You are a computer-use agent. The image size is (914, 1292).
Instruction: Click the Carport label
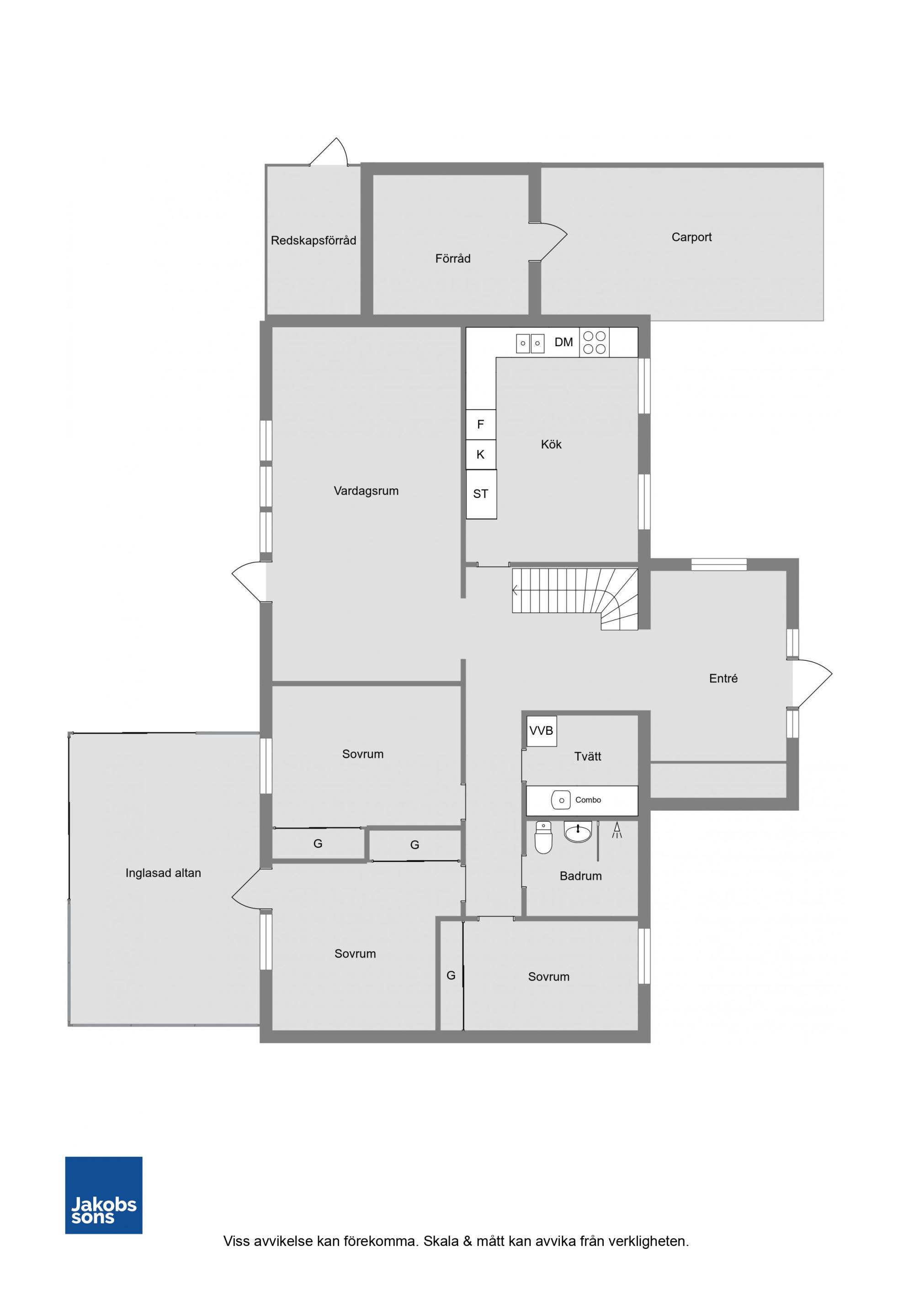(x=691, y=237)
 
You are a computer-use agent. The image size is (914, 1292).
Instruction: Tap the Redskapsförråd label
(x=314, y=240)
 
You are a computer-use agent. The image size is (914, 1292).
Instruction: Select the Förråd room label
(x=453, y=259)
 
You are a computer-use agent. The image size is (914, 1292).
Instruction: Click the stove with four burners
(x=594, y=342)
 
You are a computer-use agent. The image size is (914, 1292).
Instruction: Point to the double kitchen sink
(x=530, y=343)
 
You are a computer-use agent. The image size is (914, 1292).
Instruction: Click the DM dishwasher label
(x=564, y=342)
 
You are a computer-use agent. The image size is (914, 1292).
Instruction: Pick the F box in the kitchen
(x=480, y=424)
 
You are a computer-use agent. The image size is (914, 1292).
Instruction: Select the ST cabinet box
(x=481, y=494)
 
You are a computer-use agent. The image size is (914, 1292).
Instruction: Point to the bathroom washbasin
(x=578, y=832)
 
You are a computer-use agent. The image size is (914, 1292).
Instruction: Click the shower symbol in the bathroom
(x=617, y=830)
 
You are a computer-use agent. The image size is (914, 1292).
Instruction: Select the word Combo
(x=588, y=800)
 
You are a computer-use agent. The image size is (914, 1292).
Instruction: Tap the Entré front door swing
(x=812, y=683)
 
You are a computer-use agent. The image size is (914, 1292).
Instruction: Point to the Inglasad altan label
(x=163, y=873)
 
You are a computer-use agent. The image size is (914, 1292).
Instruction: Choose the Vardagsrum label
(x=366, y=490)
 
